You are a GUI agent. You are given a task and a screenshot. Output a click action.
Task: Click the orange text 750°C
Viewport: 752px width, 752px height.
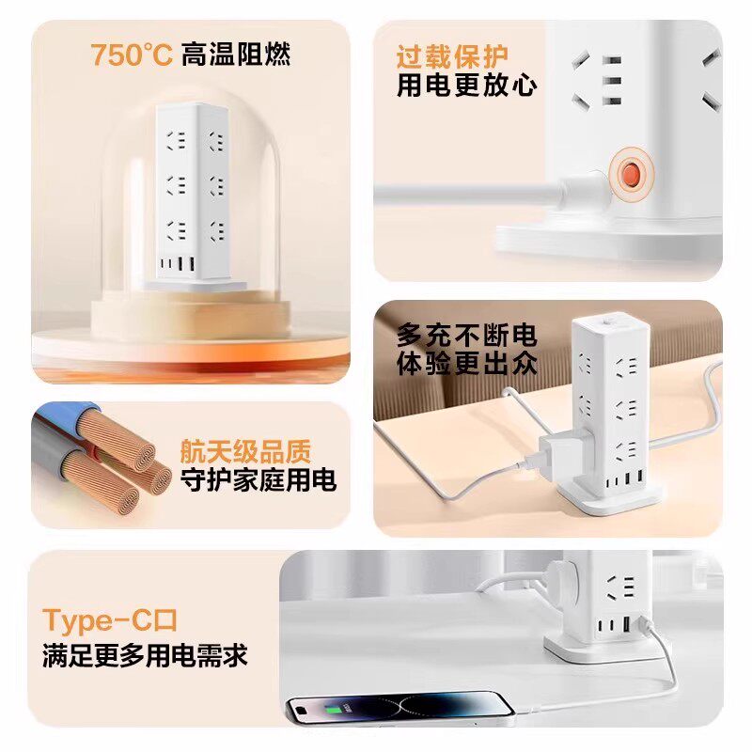coord(132,55)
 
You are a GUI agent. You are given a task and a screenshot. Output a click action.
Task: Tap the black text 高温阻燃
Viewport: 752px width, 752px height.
coord(236,55)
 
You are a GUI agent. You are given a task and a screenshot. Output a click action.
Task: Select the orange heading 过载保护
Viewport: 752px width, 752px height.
coord(452,57)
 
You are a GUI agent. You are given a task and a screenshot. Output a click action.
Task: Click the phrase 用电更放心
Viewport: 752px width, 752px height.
coord(466,86)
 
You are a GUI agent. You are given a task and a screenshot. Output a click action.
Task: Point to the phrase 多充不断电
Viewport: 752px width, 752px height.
coord(466,335)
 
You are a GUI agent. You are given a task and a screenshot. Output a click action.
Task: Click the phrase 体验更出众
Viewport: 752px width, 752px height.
coord(466,363)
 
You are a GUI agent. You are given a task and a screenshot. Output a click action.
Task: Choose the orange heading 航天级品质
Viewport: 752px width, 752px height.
coord(245,451)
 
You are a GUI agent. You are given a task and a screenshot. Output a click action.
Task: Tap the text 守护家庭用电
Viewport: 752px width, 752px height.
coord(258,479)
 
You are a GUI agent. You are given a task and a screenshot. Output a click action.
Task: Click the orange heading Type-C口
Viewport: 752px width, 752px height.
coord(110,621)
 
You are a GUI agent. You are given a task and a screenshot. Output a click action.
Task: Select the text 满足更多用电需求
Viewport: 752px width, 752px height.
coord(145,655)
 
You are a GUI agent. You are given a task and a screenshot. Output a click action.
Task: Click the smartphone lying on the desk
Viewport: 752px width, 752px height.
coord(400,709)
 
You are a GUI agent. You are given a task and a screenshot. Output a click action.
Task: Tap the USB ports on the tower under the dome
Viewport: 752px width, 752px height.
coord(178,264)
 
